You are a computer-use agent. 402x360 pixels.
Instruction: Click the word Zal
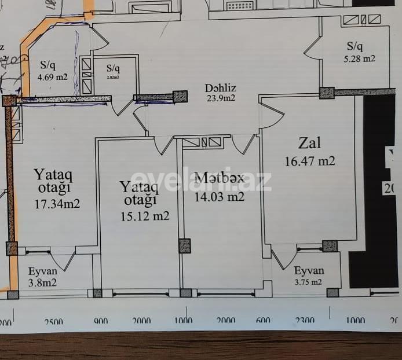[309, 143]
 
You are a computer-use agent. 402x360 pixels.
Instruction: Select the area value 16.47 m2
[309, 161]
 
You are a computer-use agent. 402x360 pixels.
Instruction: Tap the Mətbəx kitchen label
[219, 178]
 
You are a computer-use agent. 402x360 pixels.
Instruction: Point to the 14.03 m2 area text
[219, 197]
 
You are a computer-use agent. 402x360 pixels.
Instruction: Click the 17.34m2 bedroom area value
[56, 204]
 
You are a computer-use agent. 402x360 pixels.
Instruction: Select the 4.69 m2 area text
[53, 77]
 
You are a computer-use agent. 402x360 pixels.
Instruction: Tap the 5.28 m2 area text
[361, 58]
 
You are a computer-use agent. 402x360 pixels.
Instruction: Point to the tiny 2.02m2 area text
[112, 77]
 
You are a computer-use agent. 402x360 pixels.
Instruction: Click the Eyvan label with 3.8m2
[43, 271]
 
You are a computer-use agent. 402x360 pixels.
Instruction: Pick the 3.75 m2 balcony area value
[308, 282]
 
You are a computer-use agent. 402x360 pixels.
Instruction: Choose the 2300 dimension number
[305, 321]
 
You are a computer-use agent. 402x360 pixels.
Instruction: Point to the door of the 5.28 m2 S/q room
[313, 49]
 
